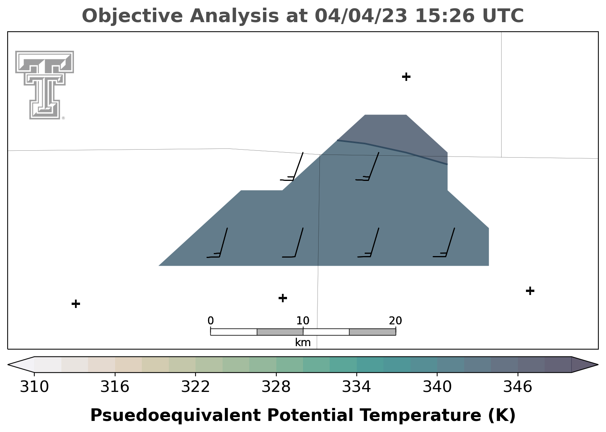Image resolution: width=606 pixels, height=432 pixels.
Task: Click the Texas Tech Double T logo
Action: coord(45,85)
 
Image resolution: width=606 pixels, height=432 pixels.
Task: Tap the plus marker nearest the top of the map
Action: coord(406,77)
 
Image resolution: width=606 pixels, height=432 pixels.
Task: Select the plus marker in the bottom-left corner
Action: coord(76,304)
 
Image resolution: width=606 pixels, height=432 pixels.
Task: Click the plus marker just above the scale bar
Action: coord(282,298)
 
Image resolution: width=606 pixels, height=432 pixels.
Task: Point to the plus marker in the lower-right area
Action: coord(530,291)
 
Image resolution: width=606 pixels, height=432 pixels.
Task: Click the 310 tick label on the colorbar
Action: coord(34,387)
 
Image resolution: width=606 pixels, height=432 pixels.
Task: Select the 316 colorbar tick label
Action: coord(115,387)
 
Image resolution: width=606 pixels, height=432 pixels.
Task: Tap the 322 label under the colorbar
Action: coord(195,387)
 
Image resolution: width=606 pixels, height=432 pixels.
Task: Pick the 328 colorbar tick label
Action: coord(276,387)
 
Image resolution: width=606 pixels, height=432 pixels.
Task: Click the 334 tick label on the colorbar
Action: coord(357,387)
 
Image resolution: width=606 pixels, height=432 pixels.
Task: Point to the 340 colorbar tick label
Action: coord(437,387)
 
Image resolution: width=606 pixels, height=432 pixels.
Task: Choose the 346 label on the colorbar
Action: coord(518,387)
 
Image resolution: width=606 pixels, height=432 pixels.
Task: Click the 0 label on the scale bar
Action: coord(210,321)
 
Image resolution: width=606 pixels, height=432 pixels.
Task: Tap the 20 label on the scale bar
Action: coord(396,321)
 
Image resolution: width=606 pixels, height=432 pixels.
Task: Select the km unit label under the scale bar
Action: coord(303,343)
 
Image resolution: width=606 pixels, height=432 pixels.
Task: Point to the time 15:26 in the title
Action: coord(445,16)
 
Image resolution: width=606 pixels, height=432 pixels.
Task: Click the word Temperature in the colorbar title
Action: coord(420,415)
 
